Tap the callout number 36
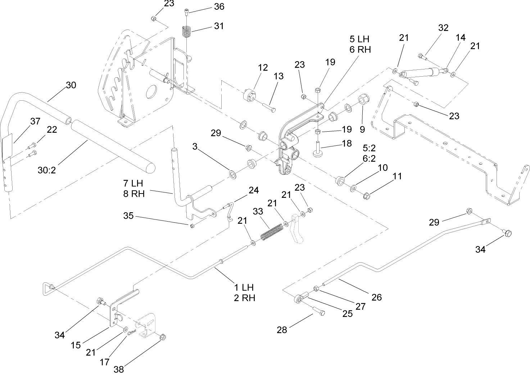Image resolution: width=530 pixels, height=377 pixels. pyautogui.click(x=219, y=6)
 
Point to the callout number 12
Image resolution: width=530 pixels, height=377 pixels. pyautogui.click(x=263, y=68)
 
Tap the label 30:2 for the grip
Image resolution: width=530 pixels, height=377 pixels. pyautogui.click(x=47, y=169)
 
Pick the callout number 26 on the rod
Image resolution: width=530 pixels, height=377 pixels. pyautogui.click(x=376, y=297)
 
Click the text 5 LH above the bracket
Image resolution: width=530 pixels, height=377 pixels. pyautogui.click(x=359, y=39)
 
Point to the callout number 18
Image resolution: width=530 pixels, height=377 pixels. pyautogui.click(x=346, y=143)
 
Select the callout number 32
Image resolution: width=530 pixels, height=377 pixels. pyautogui.click(x=443, y=28)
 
